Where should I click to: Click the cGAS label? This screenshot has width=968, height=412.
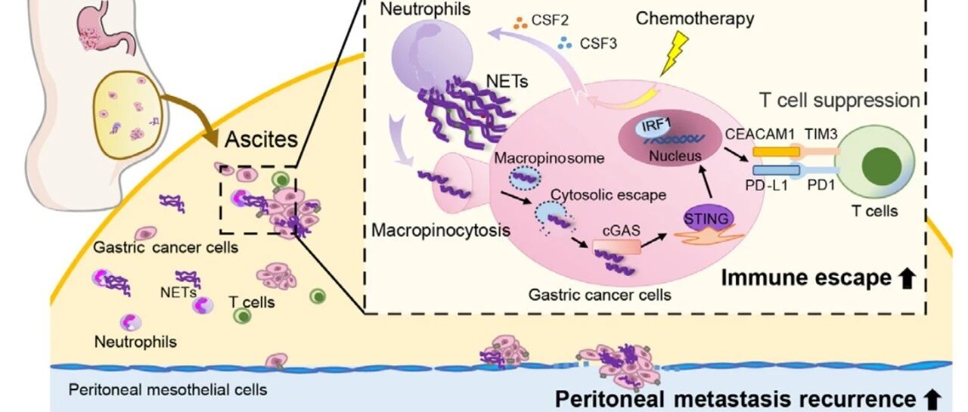(621, 231)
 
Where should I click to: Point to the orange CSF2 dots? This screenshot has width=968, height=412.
(520, 23)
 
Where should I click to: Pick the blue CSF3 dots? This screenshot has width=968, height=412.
(565, 43)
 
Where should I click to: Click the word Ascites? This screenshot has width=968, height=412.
(262, 140)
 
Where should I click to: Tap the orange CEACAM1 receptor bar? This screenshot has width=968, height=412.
(776, 152)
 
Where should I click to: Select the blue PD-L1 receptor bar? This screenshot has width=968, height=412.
(776, 170)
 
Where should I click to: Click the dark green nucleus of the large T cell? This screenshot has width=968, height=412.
(881, 167)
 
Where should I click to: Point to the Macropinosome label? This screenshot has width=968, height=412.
(549, 158)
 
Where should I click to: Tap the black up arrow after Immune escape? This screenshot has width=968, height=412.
(907, 278)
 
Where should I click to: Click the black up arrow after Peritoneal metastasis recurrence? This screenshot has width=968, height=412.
(932, 399)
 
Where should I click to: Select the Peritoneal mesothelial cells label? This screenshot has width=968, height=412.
(168, 390)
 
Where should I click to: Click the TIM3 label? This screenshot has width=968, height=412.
(821, 135)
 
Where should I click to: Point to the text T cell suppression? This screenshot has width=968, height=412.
(839, 101)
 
